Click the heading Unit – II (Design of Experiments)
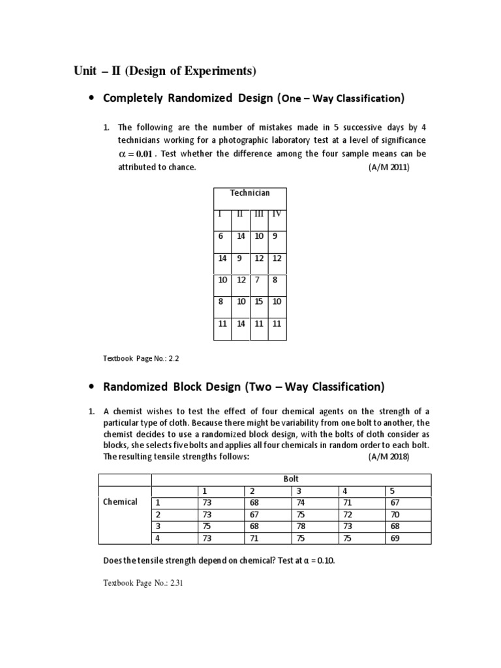(x=165, y=70)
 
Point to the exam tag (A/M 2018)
(x=388, y=457)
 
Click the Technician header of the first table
(x=250, y=193)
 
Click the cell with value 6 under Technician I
(x=221, y=236)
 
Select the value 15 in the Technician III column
(x=259, y=301)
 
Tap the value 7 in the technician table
(x=258, y=280)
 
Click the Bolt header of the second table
(x=291, y=479)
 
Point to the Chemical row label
(x=120, y=502)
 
